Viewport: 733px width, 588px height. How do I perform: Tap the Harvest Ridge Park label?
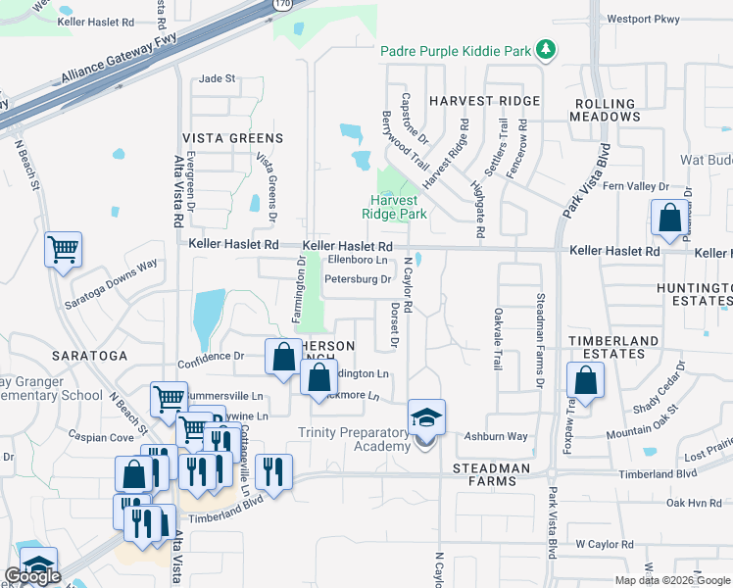click(394, 207)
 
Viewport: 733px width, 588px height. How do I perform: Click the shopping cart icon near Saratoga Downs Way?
click(63, 250)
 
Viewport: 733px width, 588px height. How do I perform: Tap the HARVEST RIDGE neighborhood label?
click(484, 101)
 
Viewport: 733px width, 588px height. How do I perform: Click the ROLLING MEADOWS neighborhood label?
click(607, 110)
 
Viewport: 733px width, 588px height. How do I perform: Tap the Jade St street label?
click(218, 78)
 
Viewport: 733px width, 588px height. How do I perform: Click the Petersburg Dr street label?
click(359, 279)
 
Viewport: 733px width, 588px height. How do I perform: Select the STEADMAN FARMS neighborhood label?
click(491, 474)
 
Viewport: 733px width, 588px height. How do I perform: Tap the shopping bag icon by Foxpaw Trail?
click(585, 383)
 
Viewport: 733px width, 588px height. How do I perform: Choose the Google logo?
click(32, 576)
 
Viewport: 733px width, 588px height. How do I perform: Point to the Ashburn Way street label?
click(496, 436)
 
